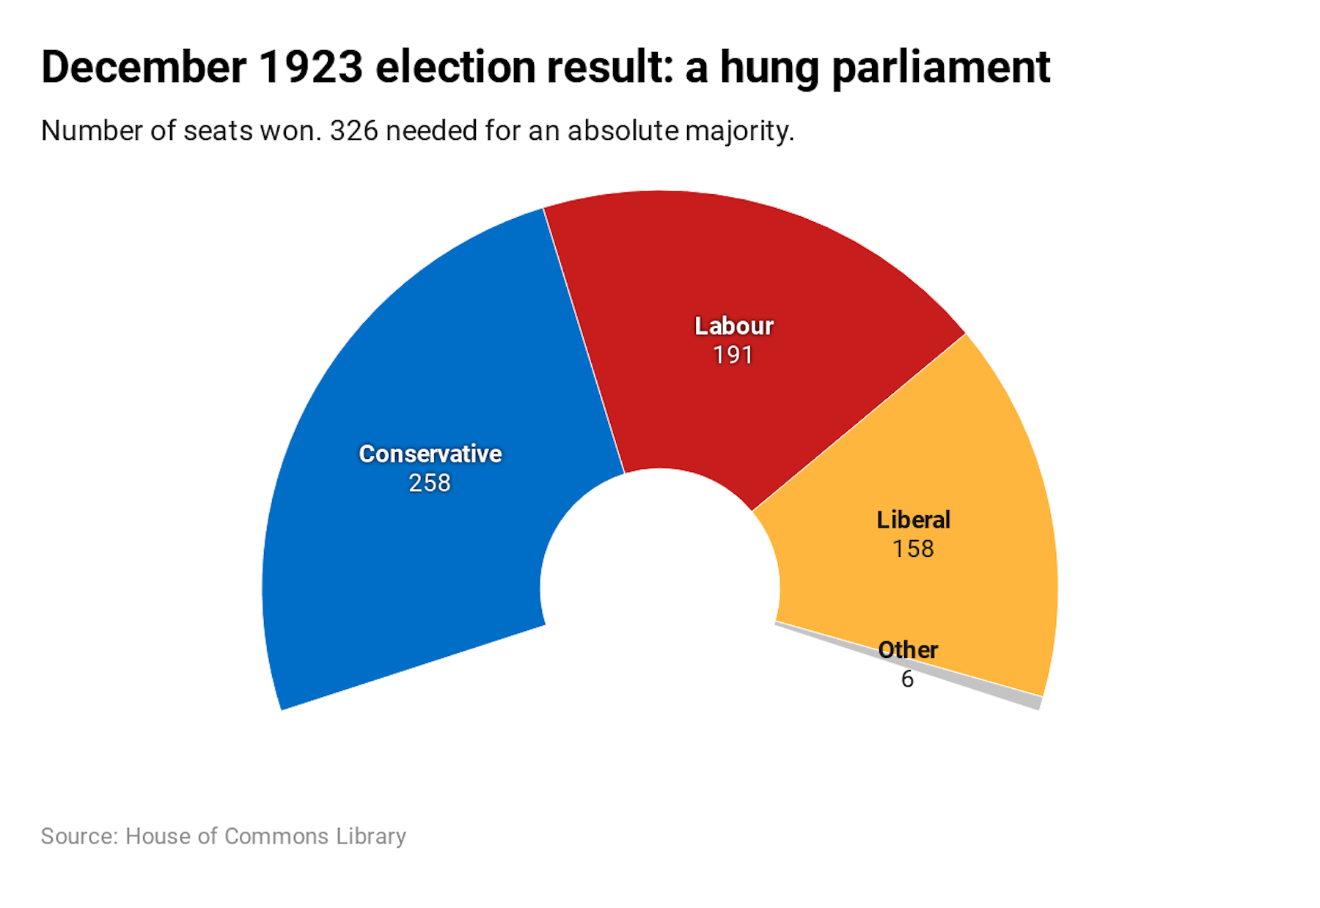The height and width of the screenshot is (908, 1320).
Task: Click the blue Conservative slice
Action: pos(411,557)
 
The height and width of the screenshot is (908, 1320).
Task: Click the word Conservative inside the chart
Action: pos(430,454)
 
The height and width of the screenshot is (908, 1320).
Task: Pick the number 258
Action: pos(430,483)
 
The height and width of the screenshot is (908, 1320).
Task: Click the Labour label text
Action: pos(733,326)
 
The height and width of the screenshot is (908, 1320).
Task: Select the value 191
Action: pos(733,355)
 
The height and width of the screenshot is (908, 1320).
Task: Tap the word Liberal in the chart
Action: pos(913,520)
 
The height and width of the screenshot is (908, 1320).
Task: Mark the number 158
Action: pos(913,549)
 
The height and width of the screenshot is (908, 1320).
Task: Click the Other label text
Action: pos(908,650)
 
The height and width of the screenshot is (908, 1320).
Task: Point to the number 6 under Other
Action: pos(907,679)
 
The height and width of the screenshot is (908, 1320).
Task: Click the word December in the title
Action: pos(144,67)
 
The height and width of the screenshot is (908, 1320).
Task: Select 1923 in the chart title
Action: pos(311,67)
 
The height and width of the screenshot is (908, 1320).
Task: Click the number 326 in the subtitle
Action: pos(353,131)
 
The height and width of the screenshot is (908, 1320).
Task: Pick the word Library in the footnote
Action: pos(371,836)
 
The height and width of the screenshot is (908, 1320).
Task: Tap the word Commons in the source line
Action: pos(276,836)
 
